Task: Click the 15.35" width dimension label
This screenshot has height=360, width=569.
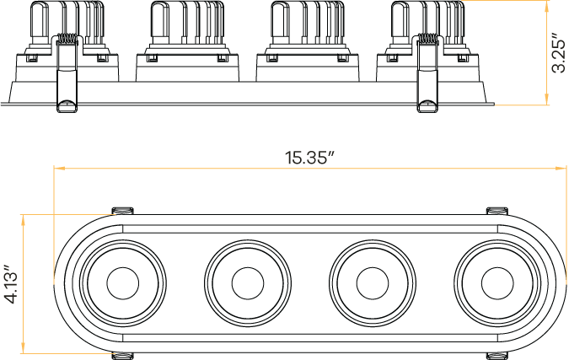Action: coord(309,157)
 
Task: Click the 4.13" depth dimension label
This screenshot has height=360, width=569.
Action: coord(11,284)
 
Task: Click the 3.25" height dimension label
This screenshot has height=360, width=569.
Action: coord(557,54)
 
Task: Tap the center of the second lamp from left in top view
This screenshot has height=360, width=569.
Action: coord(246,282)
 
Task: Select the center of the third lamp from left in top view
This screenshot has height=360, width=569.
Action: coord(371,282)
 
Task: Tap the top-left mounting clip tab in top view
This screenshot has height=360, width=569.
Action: coord(123,209)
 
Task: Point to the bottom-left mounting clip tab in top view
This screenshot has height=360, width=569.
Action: coord(123,355)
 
